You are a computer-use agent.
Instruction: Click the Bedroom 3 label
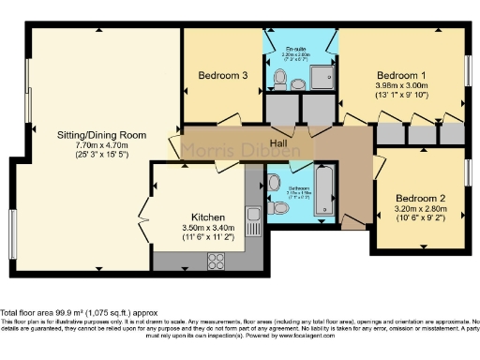coord(222,78)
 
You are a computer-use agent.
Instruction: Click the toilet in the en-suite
coord(297,83)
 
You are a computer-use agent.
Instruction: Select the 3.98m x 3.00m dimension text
coord(401,84)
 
